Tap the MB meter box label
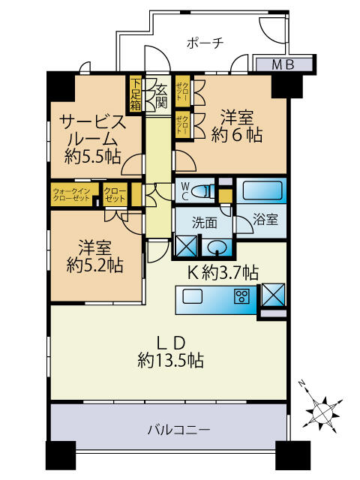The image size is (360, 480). click(271, 64)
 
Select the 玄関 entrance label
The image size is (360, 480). click(160, 96)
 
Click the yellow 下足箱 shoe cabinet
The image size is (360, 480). click(135, 94)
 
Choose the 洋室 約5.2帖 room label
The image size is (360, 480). click(92, 256)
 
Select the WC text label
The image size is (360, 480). click(183, 191)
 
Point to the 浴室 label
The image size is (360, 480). click(265, 220)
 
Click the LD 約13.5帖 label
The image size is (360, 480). click(170, 351)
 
